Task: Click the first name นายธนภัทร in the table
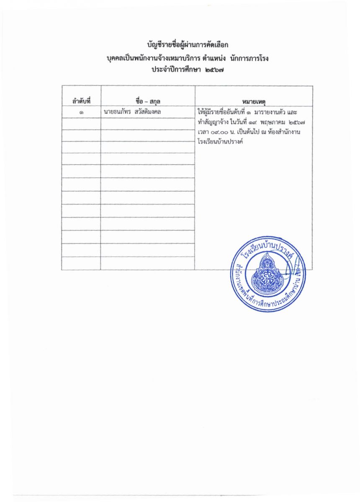[x=115, y=112]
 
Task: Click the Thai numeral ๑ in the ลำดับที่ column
[x=81, y=113]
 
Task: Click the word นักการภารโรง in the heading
[x=249, y=59]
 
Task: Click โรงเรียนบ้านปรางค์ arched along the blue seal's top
[x=268, y=248]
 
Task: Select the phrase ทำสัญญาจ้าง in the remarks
[x=213, y=123]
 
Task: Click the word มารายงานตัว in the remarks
[x=273, y=112]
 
